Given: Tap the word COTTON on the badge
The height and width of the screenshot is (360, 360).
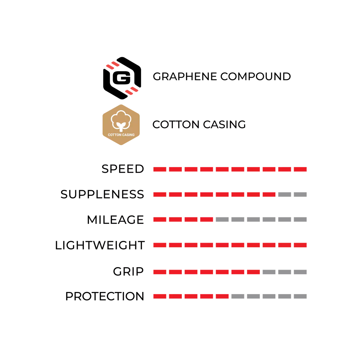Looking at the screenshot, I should [x=114, y=135].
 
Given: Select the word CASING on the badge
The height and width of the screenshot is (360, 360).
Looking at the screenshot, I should [x=128, y=135].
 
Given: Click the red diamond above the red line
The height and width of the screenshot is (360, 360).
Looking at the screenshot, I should [x=112, y=66].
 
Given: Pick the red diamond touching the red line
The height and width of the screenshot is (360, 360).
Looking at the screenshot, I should [x=132, y=91].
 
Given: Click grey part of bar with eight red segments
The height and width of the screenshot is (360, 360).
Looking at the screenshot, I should [x=292, y=194].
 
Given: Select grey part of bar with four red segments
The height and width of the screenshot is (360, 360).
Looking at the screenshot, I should [x=261, y=220].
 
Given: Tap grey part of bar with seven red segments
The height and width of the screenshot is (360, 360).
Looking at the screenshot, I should [x=284, y=272].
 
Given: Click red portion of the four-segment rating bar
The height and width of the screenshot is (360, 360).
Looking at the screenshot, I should [x=183, y=220].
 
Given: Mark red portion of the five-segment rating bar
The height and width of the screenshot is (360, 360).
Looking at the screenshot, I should [x=191, y=296].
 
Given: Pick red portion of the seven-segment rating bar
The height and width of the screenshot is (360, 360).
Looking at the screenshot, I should [x=207, y=271].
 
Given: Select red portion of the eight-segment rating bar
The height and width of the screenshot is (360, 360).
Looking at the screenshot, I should [x=214, y=195].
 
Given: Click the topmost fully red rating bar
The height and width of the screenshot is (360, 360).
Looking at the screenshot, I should [x=230, y=169].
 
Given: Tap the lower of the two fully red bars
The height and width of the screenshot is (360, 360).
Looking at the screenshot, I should [x=230, y=245].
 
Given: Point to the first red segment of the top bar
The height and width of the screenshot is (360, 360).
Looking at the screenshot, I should [x=160, y=169].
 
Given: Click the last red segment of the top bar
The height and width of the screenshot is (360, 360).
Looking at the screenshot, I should [x=300, y=169].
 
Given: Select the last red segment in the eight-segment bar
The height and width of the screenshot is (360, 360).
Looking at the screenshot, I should [x=269, y=195].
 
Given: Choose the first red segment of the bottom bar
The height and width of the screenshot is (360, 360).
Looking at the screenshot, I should [x=160, y=296].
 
